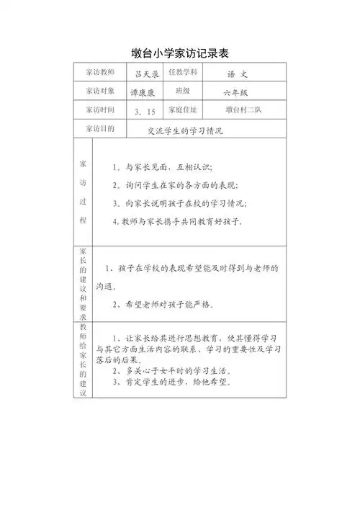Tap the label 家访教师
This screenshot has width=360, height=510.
coord(99,74)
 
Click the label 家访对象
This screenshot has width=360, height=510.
coord(99,92)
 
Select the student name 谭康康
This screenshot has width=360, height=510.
coord(143,93)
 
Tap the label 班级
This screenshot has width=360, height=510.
coord(182,92)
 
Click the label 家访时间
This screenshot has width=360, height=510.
coord(99,111)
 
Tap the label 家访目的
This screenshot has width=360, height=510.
coord(99,129)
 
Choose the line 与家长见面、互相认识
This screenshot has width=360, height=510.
coord(163,167)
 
